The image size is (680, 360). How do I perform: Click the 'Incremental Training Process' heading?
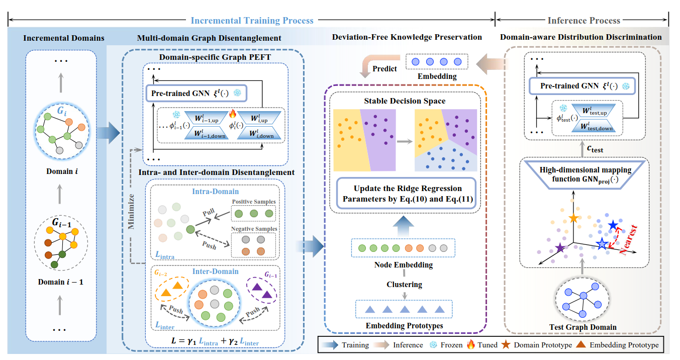tap(252, 21)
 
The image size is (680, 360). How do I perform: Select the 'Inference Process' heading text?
tap(583, 21)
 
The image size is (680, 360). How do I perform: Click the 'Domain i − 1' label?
tap(60, 282)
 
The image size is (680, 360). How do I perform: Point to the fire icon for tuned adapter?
tap(232, 114)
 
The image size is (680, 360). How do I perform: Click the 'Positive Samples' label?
tap(254, 202)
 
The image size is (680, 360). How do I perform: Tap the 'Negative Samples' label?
tap(254, 229)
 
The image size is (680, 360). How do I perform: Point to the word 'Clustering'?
tap(405, 284)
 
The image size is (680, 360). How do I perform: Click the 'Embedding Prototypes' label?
tap(405, 326)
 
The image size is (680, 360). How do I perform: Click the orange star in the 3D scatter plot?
tap(573, 218)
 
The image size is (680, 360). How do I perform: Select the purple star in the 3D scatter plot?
tap(560, 247)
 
